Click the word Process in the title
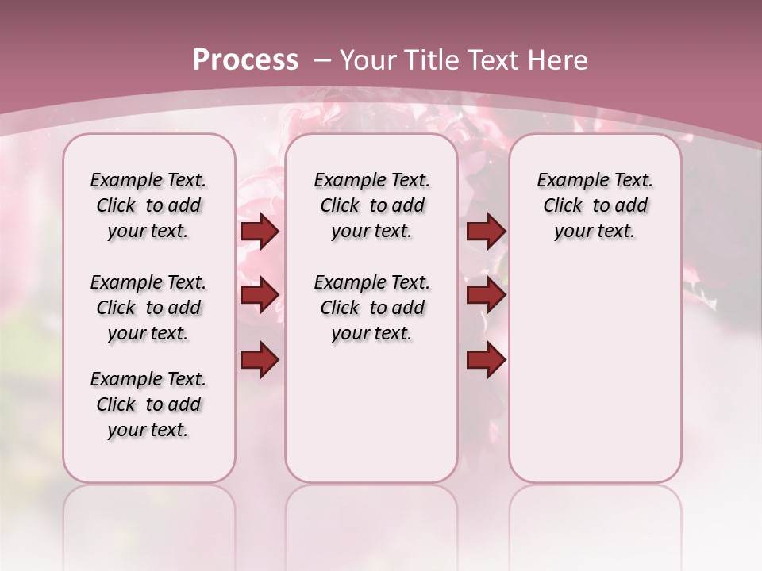point(245,60)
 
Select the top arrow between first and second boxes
point(260,232)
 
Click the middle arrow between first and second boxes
point(260,296)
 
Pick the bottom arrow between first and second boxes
point(260,360)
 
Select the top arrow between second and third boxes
point(486,232)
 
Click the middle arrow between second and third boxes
point(486,296)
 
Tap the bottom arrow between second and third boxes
point(486,360)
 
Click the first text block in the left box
point(148,205)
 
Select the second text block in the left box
point(148,308)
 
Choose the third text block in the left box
point(148,404)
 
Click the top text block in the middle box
point(371,205)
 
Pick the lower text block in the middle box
point(371,308)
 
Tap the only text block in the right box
point(595,205)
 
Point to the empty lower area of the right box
point(595,373)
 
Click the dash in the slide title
point(322,60)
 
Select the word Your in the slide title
point(368,60)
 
